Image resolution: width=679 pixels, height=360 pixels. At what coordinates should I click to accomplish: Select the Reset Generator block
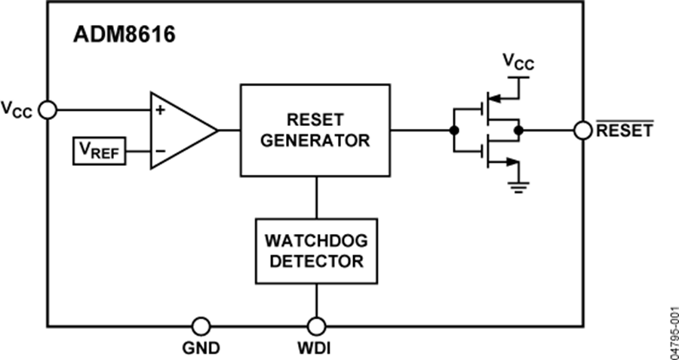(x=315, y=130)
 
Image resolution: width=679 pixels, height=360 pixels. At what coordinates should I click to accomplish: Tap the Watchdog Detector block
(x=315, y=251)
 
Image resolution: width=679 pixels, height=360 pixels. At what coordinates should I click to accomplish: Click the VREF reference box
(x=99, y=151)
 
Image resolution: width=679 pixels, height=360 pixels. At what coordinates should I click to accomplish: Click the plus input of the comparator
(x=159, y=110)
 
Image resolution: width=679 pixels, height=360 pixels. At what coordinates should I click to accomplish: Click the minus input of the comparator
(x=159, y=151)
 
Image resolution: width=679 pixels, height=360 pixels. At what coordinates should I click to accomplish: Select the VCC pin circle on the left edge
(x=48, y=110)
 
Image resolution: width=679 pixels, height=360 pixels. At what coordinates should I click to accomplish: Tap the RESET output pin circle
(x=582, y=130)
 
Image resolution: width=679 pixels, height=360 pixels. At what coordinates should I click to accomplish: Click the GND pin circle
(x=201, y=326)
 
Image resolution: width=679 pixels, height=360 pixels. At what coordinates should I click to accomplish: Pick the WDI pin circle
(x=315, y=326)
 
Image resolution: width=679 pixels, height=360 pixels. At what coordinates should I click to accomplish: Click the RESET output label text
(x=624, y=130)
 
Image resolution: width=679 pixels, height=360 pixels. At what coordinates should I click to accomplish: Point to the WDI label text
(x=315, y=349)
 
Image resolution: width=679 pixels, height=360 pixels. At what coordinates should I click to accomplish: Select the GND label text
(x=201, y=349)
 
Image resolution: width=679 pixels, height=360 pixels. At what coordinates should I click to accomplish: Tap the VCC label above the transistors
(x=518, y=63)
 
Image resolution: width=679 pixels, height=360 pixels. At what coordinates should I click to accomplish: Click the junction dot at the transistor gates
(x=453, y=130)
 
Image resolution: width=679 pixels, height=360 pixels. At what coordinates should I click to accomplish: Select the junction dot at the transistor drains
(x=518, y=130)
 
